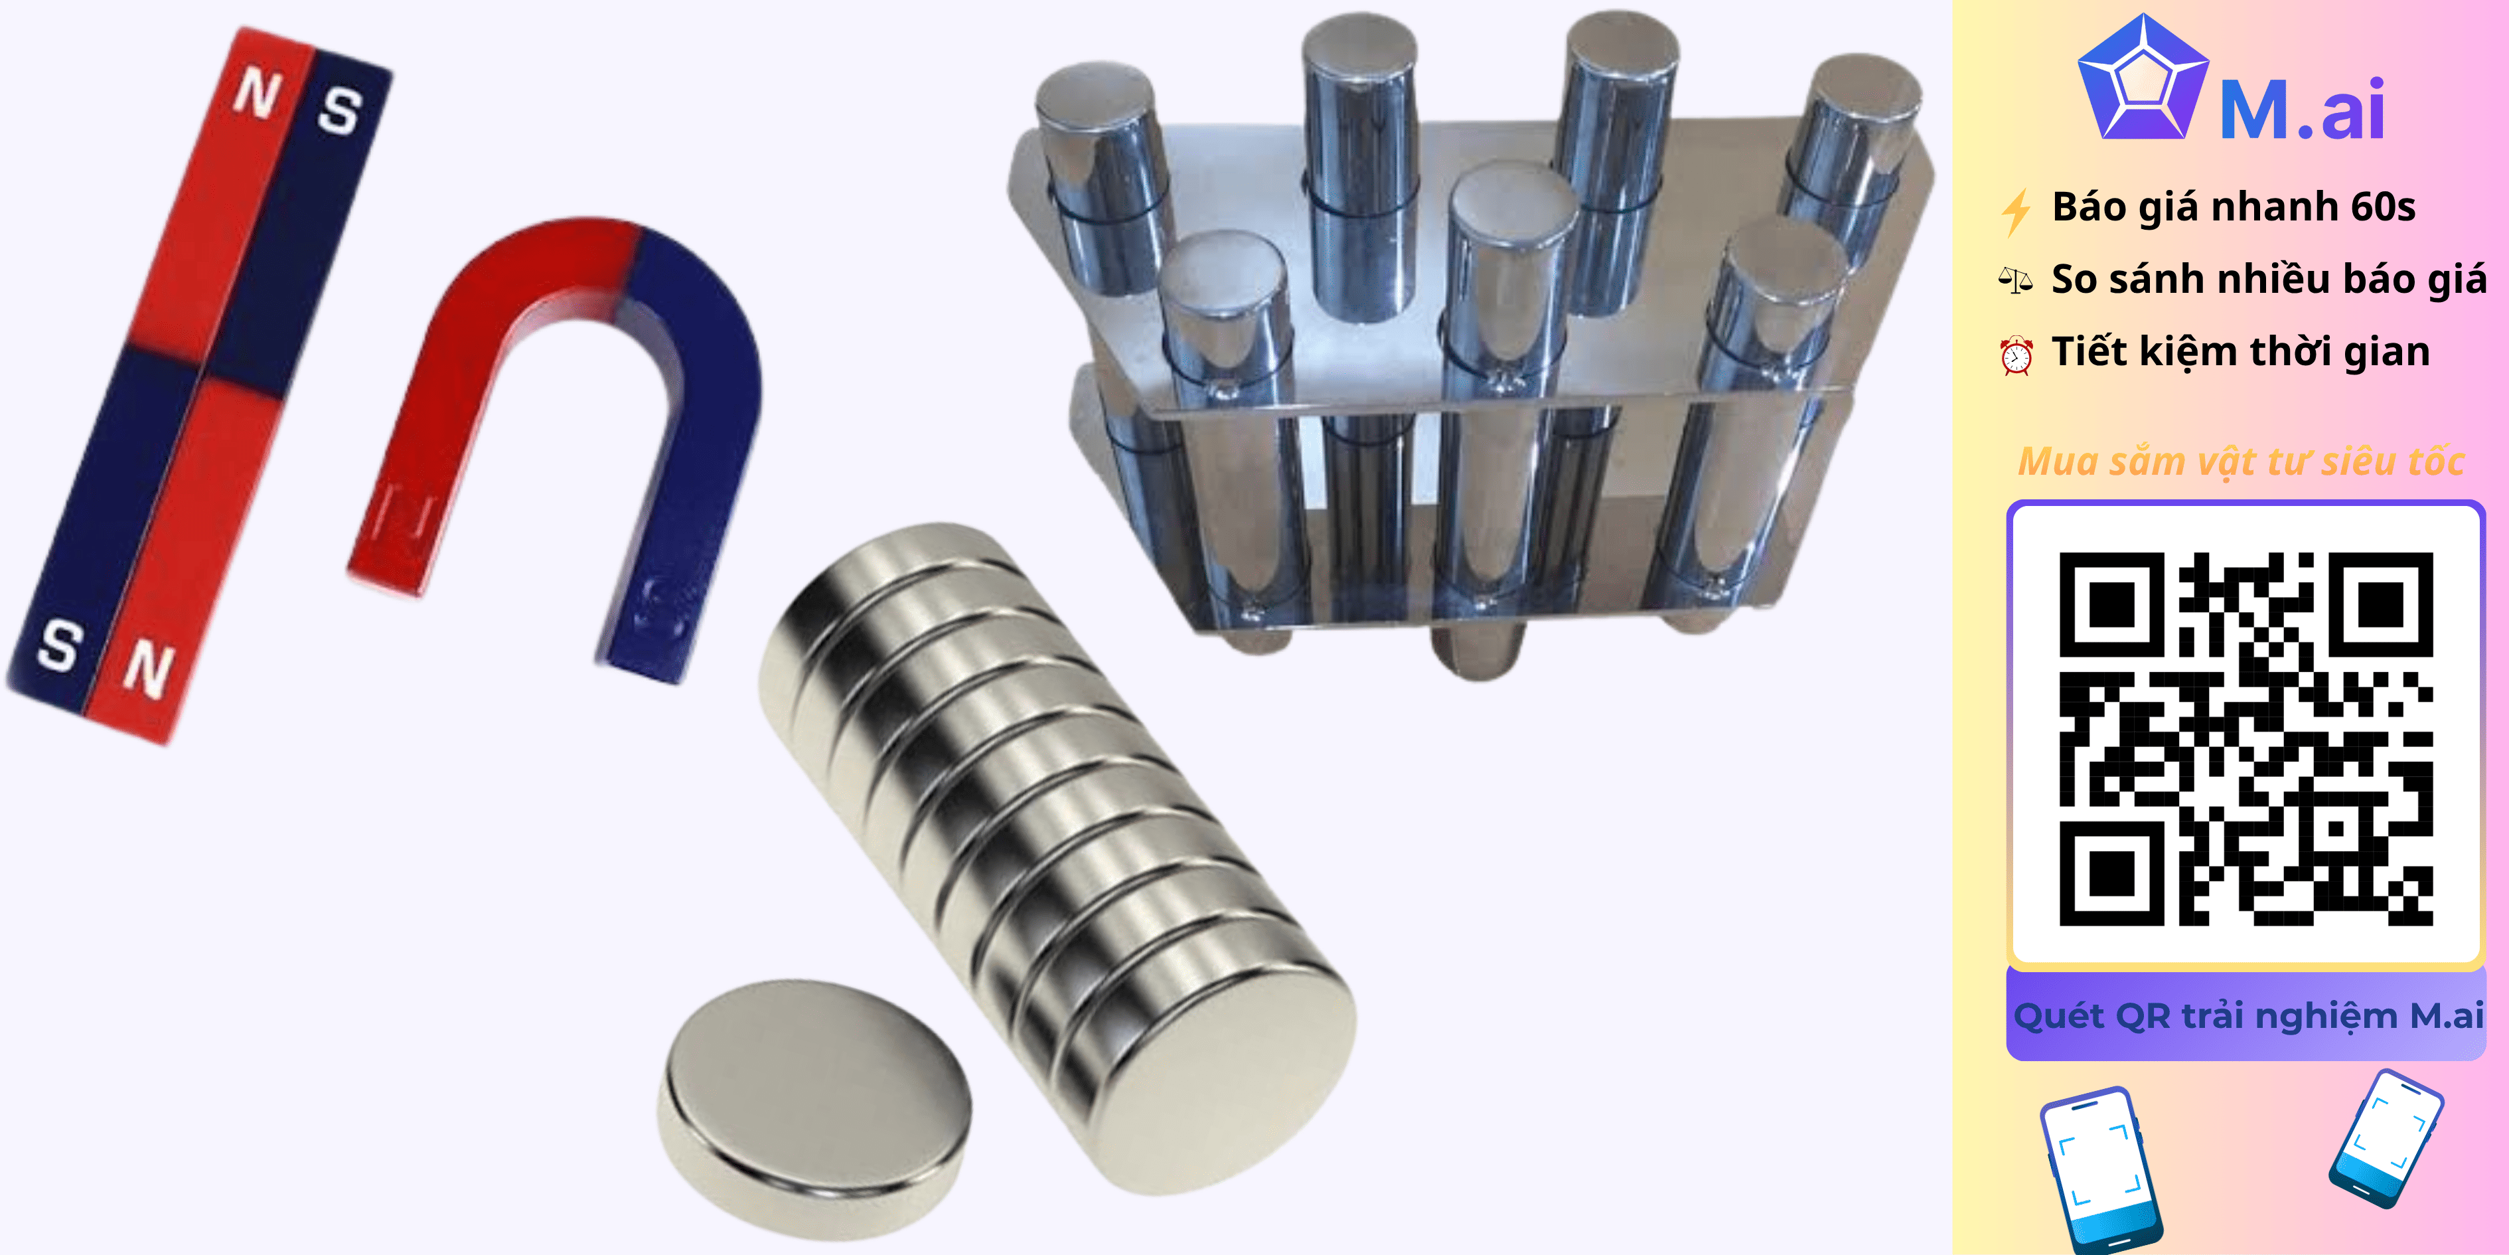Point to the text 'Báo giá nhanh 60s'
tap(2234, 207)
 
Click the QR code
tap(2246, 738)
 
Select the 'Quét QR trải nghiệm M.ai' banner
tap(2246, 1015)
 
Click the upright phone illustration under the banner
tap(2102, 1169)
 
